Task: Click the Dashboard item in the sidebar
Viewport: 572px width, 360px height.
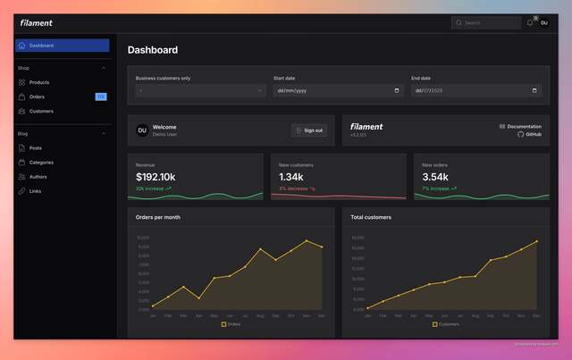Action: (40, 46)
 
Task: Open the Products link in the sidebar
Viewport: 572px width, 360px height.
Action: (38, 82)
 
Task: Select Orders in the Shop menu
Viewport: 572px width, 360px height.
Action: (37, 96)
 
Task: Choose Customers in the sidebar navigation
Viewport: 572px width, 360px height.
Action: (41, 112)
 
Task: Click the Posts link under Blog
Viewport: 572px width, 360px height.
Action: (35, 148)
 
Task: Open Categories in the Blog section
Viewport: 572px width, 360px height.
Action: (41, 163)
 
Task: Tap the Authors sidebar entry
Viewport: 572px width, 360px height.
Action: (38, 177)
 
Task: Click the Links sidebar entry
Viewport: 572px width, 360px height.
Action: (35, 191)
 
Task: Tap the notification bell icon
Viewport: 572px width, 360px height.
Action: (530, 23)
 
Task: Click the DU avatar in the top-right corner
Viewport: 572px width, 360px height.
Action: (543, 23)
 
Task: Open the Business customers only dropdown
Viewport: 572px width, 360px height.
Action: (201, 90)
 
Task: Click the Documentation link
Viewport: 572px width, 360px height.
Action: (524, 126)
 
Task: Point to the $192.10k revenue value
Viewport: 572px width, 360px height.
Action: (156, 177)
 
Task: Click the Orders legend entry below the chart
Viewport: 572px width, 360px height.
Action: (231, 324)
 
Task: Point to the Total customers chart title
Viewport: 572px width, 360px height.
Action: (371, 217)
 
